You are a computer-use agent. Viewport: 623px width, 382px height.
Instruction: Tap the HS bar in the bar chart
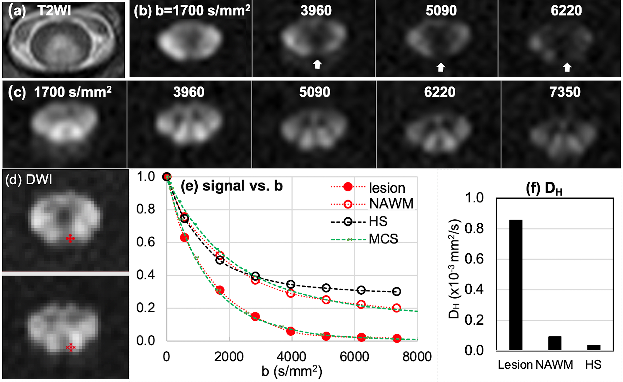(594, 347)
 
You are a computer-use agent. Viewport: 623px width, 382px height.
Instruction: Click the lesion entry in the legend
(387, 188)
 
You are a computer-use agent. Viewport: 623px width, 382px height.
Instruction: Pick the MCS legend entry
(383, 239)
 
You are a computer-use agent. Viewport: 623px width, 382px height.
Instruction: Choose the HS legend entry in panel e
(378, 221)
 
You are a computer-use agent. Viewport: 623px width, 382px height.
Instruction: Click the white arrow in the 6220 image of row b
(567, 67)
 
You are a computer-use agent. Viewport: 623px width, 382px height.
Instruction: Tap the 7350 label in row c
(565, 92)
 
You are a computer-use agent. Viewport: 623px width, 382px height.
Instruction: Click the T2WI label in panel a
(54, 11)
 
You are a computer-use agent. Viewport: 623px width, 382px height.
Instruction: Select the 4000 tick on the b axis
(291, 356)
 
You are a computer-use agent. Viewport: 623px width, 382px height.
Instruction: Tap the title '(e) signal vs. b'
(232, 186)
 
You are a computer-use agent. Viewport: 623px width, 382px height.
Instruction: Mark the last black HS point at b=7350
(396, 292)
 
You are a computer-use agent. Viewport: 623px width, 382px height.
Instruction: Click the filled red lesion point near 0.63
(184, 237)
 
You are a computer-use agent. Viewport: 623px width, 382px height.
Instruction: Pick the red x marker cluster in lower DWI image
(71, 347)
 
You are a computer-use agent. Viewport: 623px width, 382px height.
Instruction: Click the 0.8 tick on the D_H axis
(474, 229)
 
